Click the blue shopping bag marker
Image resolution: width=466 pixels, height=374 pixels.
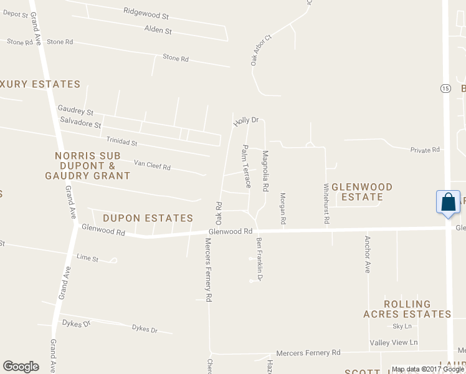[x=448, y=203]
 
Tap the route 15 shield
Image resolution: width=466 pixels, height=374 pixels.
[x=445, y=89]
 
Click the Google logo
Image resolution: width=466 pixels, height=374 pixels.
[x=21, y=367]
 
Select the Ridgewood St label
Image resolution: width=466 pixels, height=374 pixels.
[x=146, y=11]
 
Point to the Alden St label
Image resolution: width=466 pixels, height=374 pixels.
[x=158, y=30]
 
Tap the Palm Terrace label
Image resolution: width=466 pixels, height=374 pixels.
[x=245, y=166]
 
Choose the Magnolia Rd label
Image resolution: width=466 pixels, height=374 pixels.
[x=265, y=170]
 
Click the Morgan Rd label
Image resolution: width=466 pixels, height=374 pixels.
[x=283, y=208]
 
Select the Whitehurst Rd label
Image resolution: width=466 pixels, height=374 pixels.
[x=326, y=204]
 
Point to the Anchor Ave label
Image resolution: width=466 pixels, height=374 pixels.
[x=368, y=254]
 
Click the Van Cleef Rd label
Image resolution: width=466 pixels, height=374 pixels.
[x=152, y=165]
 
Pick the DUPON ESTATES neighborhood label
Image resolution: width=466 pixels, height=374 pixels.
[x=148, y=218]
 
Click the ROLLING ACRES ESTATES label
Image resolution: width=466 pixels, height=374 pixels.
[x=407, y=309]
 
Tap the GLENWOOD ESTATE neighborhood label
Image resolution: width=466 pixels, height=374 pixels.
[x=362, y=192]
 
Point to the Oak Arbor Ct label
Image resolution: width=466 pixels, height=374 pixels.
[x=261, y=50]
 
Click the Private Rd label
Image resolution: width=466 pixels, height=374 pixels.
[x=425, y=150]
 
